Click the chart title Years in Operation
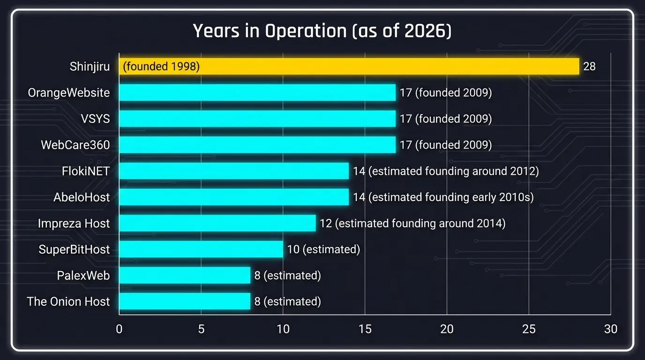[x=322, y=31]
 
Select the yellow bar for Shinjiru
[x=349, y=67]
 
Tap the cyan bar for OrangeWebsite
[x=257, y=93]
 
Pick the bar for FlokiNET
[x=233, y=171]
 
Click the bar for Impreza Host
[x=217, y=223]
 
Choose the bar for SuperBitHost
[x=201, y=249]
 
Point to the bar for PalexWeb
[x=184, y=275]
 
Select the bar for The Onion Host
[x=184, y=301]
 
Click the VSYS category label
[x=95, y=119]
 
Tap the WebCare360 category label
[x=75, y=145]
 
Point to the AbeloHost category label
[x=82, y=197]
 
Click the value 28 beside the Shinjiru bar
[x=589, y=67]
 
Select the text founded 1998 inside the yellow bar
[x=161, y=67]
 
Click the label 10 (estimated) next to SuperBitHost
[x=323, y=249]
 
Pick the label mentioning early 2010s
[x=443, y=197]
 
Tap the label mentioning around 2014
[x=412, y=223]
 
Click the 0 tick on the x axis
[x=119, y=329]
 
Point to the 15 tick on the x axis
[x=365, y=329]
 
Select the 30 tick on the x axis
[x=610, y=329]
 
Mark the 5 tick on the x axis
[x=201, y=329]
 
